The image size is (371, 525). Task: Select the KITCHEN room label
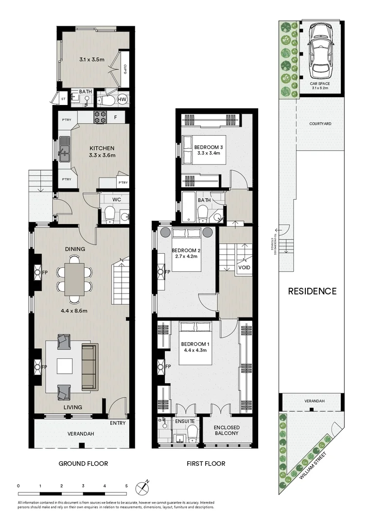tap(102, 148)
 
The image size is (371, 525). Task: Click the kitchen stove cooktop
tap(100, 117)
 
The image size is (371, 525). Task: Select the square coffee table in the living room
tap(65, 366)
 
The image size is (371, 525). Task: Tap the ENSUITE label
tap(185, 421)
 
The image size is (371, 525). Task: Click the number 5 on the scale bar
tap(126, 486)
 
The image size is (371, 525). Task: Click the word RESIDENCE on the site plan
tap(312, 291)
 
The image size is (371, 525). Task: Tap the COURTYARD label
tap(320, 124)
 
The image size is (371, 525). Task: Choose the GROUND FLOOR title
tap(83, 463)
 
